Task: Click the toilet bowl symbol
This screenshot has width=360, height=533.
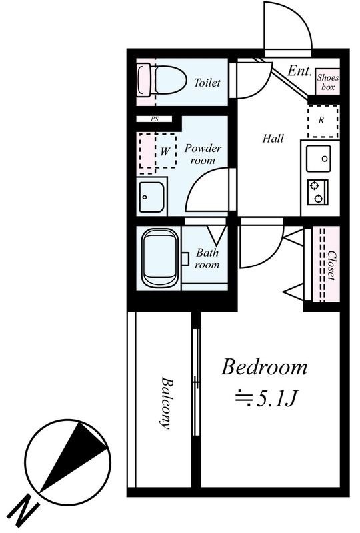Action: [x=163, y=81]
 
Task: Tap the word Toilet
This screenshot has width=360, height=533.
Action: [x=207, y=82]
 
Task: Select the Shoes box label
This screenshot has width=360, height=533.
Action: [x=328, y=82]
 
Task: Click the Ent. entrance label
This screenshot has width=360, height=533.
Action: [x=299, y=71]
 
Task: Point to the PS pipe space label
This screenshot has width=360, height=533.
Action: [x=155, y=119]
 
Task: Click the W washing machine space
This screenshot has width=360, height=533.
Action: [x=158, y=151]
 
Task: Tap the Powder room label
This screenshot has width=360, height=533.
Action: [x=203, y=154]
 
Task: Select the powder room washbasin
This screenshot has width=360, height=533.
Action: [x=152, y=197]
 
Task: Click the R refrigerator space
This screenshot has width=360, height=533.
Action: [x=323, y=121]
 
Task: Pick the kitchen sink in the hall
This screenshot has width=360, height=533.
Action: [x=319, y=159]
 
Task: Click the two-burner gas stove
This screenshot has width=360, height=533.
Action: [x=318, y=192]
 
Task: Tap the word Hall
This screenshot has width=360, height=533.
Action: [x=273, y=139]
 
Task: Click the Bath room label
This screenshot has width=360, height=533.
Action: [x=207, y=259]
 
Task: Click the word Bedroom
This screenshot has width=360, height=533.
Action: [x=264, y=368]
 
